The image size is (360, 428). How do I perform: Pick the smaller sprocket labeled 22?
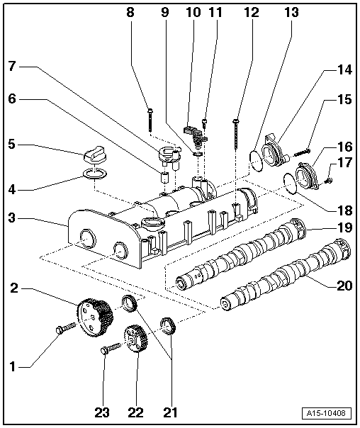[133, 342]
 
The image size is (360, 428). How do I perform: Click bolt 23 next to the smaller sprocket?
[111, 348]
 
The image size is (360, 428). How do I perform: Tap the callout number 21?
[171, 412]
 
